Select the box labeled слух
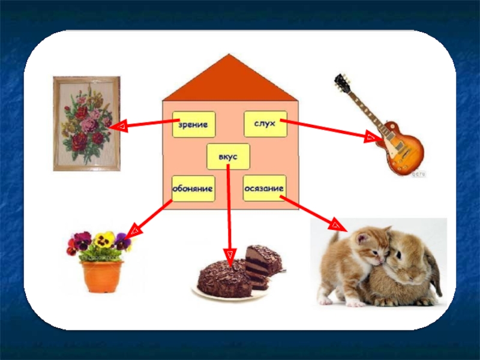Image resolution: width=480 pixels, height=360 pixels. tap(265, 124)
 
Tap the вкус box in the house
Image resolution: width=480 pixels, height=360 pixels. tap(228, 157)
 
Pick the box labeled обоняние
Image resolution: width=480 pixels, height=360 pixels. tap(193, 188)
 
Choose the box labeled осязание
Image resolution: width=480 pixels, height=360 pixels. tap(264, 188)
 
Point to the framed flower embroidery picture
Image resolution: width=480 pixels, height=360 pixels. tap(86, 123)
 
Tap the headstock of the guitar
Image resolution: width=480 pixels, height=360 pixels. tap(343, 83)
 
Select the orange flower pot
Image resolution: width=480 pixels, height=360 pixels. tap(102, 276)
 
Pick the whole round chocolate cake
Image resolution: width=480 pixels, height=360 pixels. tap(225, 278)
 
